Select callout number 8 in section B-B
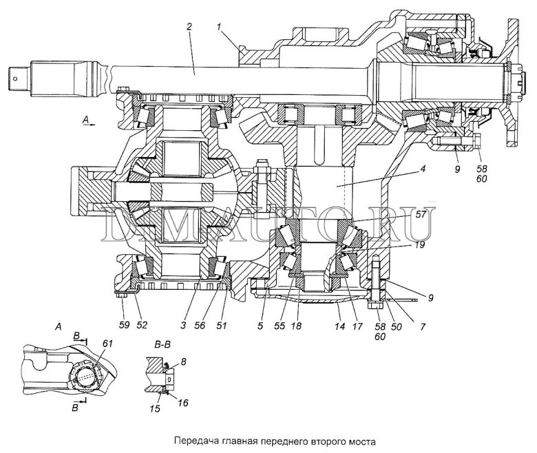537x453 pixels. (184, 361)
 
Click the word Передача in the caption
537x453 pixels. (193, 439)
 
